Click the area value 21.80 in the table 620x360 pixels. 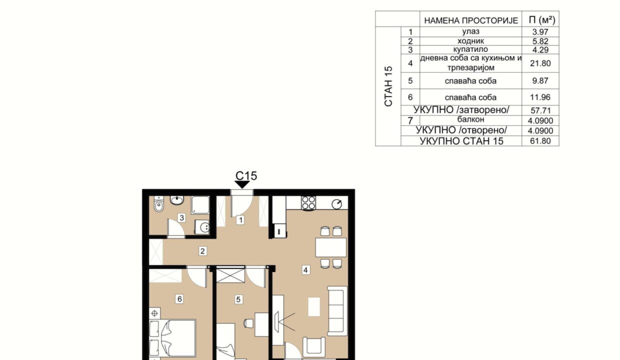click(x=540, y=63)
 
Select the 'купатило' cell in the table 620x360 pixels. click(x=470, y=49)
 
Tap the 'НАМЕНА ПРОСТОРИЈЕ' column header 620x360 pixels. click(x=471, y=21)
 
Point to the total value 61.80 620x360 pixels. click(x=540, y=141)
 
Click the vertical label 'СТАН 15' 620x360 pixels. click(x=388, y=86)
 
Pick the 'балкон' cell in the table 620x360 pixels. click(x=470, y=119)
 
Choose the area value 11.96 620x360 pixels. click(x=540, y=97)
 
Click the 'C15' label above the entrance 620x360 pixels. click(x=246, y=176)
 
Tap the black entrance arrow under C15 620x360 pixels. click(x=242, y=185)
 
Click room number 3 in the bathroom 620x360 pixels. click(x=181, y=218)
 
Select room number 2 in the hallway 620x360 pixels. click(x=202, y=251)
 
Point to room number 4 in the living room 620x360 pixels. click(x=305, y=270)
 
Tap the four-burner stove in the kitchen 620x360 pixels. click(x=308, y=203)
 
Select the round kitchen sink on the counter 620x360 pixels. click(x=337, y=204)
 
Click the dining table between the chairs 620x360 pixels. click(x=331, y=247)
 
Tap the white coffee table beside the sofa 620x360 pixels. click(x=314, y=306)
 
